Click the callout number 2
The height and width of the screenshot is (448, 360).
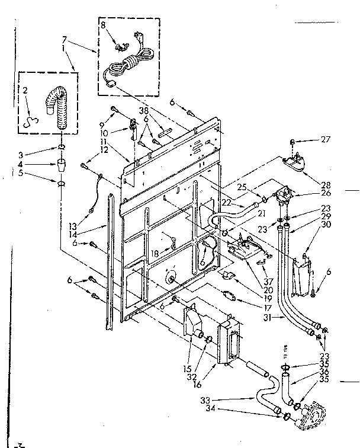25,90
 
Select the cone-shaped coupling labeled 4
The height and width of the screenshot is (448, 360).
62,164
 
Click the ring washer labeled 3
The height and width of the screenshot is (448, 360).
62,146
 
